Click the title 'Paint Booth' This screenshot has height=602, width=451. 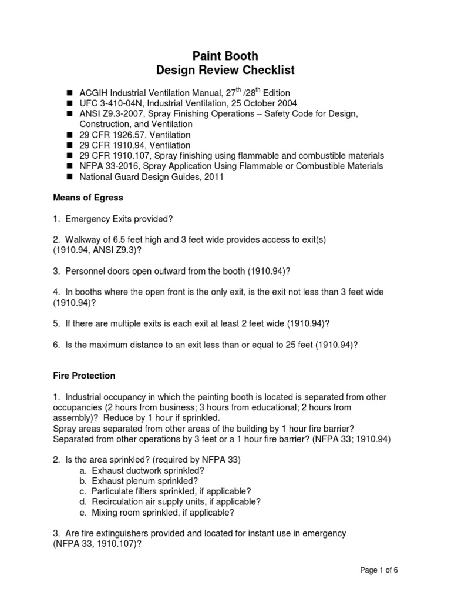pyautogui.click(x=225, y=56)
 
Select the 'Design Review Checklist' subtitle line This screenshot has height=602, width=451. pyautogui.click(x=225, y=71)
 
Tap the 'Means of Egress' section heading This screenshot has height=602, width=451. pyautogui.click(x=86, y=199)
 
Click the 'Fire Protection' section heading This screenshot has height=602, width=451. pyautogui.click(x=84, y=376)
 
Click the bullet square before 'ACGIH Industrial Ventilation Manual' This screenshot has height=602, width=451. pyautogui.click(x=69, y=93)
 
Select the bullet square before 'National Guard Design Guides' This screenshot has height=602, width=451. pyautogui.click(x=69, y=177)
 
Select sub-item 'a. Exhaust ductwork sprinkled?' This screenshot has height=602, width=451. pyautogui.click(x=143, y=471)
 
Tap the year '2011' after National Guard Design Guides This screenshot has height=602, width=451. pyautogui.click(x=214, y=177)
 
